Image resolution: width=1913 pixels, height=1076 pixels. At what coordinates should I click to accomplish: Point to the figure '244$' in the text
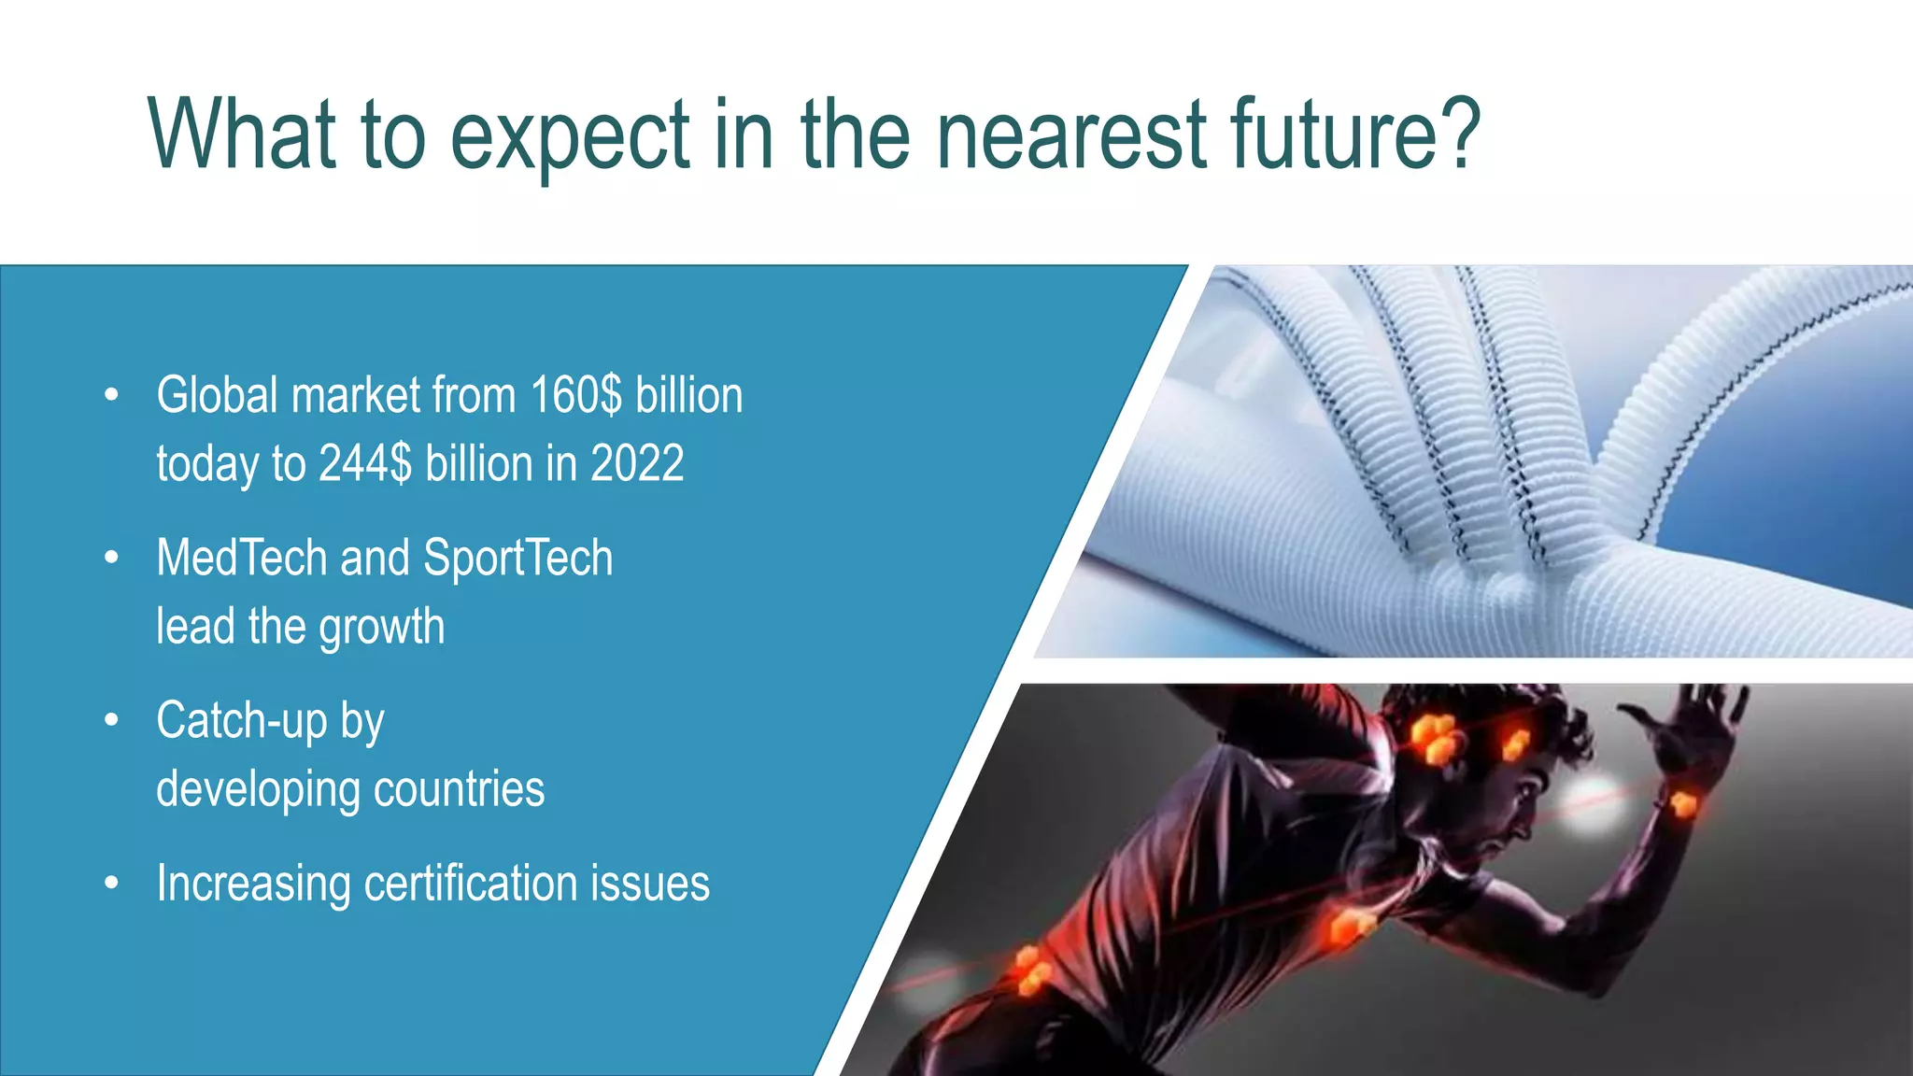click(x=364, y=463)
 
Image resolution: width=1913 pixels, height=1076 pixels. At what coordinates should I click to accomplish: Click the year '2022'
click(x=637, y=463)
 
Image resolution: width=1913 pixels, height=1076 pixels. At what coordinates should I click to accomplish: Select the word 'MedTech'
click(x=241, y=558)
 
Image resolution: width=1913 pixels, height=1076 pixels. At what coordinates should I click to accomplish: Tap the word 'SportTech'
click(x=517, y=558)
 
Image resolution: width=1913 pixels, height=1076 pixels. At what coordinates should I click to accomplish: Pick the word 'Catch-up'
click(x=241, y=720)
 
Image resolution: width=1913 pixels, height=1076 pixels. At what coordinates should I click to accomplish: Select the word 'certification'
click(x=470, y=883)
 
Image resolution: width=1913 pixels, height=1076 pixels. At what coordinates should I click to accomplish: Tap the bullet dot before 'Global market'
click(x=112, y=395)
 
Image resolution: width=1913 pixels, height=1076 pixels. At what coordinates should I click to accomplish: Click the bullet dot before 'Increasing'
click(x=112, y=883)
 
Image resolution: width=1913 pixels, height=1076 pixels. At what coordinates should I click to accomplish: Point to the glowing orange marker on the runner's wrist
click(x=1682, y=803)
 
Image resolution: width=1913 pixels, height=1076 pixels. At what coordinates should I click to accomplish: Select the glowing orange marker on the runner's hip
click(x=1030, y=971)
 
